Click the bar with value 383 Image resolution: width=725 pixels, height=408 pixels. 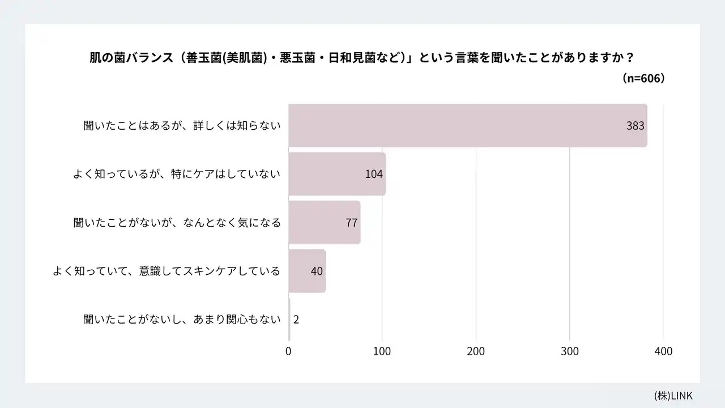(453, 126)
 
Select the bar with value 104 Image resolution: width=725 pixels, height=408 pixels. (329, 174)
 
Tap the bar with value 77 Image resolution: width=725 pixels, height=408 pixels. (317, 223)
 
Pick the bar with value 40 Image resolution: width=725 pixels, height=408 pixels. (300, 271)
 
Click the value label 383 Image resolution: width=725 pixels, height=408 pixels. (635, 126)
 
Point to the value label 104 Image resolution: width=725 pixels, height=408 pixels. (374, 174)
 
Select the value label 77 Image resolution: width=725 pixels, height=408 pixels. (351, 223)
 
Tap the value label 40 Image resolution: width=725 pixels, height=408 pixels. (317, 271)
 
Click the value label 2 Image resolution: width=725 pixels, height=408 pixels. (296, 320)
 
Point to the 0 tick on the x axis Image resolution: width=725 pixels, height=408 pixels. (288, 351)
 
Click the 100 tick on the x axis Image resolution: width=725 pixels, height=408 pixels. (382, 351)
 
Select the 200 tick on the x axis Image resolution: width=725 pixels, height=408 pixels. (476, 351)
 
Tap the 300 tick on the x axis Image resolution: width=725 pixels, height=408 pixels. (570, 351)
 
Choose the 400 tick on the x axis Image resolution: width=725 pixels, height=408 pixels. (663, 351)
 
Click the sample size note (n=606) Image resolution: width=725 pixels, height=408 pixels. (643, 78)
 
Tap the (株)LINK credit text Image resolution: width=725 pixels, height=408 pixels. (673, 396)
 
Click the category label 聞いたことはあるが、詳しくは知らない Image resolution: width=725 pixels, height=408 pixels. (182, 126)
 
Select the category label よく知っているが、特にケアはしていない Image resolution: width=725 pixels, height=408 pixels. (177, 174)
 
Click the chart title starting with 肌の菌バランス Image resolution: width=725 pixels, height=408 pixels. (361, 58)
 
